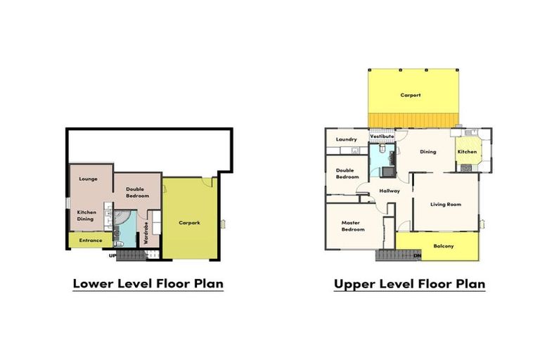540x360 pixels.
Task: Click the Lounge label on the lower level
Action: [x=88, y=179]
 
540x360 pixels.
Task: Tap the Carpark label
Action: [x=189, y=223]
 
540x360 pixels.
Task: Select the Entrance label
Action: [x=91, y=240]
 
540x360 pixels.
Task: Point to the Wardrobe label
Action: [x=146, y=233]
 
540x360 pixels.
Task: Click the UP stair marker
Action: [x=112, y=256]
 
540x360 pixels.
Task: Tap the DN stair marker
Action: [x=418, y=256]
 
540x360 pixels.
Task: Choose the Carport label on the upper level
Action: [x=411, y=95]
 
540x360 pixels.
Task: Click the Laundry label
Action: [x=347, y=139]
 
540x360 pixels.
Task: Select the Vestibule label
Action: [x=382, y=136]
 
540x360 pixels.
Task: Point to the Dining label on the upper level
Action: [x=428, y=152]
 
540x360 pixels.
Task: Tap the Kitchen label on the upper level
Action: [x=467, y=152]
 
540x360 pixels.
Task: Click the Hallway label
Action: [x=390, y=191]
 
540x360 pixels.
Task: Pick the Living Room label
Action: [x=446, y=205]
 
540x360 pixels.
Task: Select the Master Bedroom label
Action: [x=353, y=226]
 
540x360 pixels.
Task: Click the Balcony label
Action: [x=444, y=246]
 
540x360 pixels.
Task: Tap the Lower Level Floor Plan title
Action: [x=148, y=284]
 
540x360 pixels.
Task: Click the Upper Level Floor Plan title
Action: [x=409, y=284]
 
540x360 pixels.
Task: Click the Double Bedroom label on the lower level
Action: [x=137, y=193]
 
